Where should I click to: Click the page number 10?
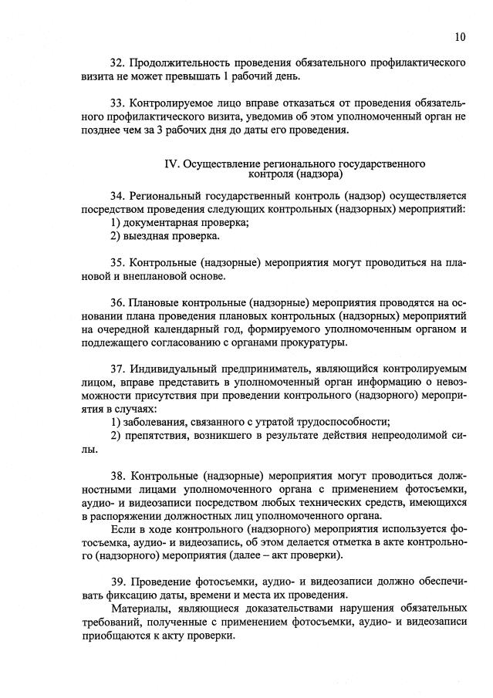[460, 36]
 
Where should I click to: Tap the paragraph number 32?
[117, 61]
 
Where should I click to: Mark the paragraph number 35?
[117, 263]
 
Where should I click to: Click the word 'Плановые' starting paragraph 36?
[160, 303]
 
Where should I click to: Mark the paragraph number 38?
[117, 476]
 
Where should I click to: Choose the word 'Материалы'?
[140, 609]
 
